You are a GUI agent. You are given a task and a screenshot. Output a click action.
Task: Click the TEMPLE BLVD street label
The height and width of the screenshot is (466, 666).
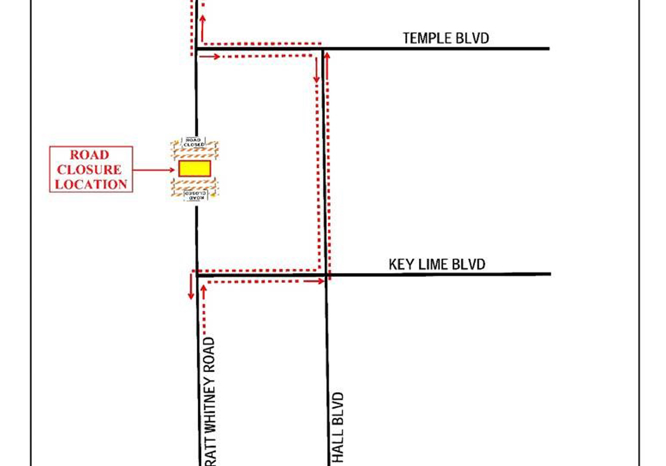click(446, 38)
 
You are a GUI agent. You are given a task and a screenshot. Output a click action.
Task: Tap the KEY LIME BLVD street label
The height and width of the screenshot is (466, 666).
click(437, 264)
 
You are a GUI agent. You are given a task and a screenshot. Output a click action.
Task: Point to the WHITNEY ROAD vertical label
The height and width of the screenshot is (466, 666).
click(209, 400)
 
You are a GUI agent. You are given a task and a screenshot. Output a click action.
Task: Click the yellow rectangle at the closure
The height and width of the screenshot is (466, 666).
click(194, 168)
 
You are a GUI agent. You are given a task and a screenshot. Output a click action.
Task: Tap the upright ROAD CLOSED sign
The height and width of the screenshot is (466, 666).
click(194, 142)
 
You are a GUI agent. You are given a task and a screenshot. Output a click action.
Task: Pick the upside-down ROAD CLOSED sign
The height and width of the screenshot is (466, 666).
click(195, 195)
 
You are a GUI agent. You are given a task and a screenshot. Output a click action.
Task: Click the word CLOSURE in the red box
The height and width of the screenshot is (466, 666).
click(91, 170)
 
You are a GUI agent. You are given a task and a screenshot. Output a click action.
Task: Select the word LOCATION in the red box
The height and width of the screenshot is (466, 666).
click(91, 184)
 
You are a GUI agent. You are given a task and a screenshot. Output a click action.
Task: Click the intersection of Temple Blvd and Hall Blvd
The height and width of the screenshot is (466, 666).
click(323, 49)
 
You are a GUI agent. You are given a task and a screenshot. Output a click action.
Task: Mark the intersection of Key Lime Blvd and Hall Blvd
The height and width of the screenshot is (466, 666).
click(326, 274)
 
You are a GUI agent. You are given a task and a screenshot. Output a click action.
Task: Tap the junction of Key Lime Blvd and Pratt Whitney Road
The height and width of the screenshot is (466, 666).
click(197, 274)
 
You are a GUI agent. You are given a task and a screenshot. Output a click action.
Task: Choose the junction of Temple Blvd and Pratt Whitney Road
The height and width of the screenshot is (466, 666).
click(196, 49)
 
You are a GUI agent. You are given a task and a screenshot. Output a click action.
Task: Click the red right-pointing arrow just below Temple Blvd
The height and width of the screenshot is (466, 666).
click(210, 57)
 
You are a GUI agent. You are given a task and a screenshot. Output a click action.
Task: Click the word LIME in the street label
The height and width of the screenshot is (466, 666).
click(434, 264)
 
